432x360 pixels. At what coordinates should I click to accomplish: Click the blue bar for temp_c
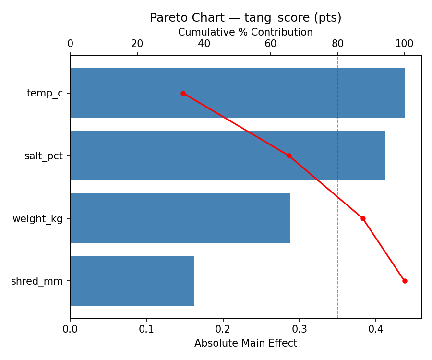click(x=237, y=93)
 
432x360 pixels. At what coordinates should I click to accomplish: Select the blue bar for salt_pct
click(x=228, y=156)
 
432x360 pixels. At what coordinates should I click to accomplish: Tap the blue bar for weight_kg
click(x=180, y=218)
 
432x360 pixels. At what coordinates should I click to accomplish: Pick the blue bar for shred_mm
click(x=132, y=281)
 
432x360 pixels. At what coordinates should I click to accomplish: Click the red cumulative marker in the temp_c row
click(x=183, y=93)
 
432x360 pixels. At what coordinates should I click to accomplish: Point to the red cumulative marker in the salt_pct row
click(x=289, y=156)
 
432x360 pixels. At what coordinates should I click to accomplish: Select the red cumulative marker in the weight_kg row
click(x=363, y=218)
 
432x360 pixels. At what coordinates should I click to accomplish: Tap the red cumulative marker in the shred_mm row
click(x=405, y=281)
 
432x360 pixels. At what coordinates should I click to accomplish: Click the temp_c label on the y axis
click(x=45, y=93)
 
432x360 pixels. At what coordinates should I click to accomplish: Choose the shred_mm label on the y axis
click(x=37, y=281)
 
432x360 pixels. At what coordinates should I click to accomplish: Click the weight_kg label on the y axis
click(x=37, y=219)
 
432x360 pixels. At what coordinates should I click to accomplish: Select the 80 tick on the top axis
click(x=337, y=44)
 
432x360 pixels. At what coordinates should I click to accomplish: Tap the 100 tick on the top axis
click(x=404, y=44)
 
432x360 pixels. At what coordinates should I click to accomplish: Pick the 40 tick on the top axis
click(x=204, y=44)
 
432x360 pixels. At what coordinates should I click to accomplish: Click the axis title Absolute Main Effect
click(x=245, y=343)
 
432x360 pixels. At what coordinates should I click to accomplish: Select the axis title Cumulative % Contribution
click(x=245, y=32)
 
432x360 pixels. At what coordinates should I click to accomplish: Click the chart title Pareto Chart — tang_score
click(x=245, y=18)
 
